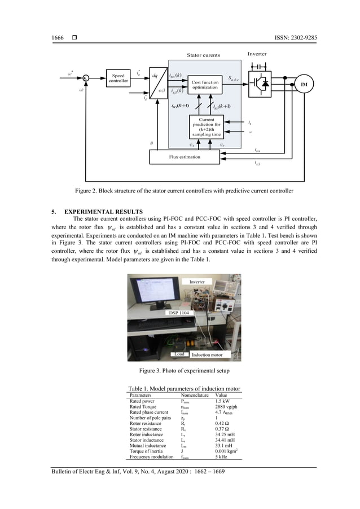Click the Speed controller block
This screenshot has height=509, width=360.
click(x=118, y=78)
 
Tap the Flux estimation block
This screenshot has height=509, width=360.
click(x=186, y=156)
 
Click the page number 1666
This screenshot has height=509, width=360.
click(x=58, y=38)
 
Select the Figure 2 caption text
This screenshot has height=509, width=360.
click(x=179, y=191)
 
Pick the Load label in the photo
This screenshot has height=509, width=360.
click(x=179, y=354)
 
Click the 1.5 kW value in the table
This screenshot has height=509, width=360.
click(x=222, y=401)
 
